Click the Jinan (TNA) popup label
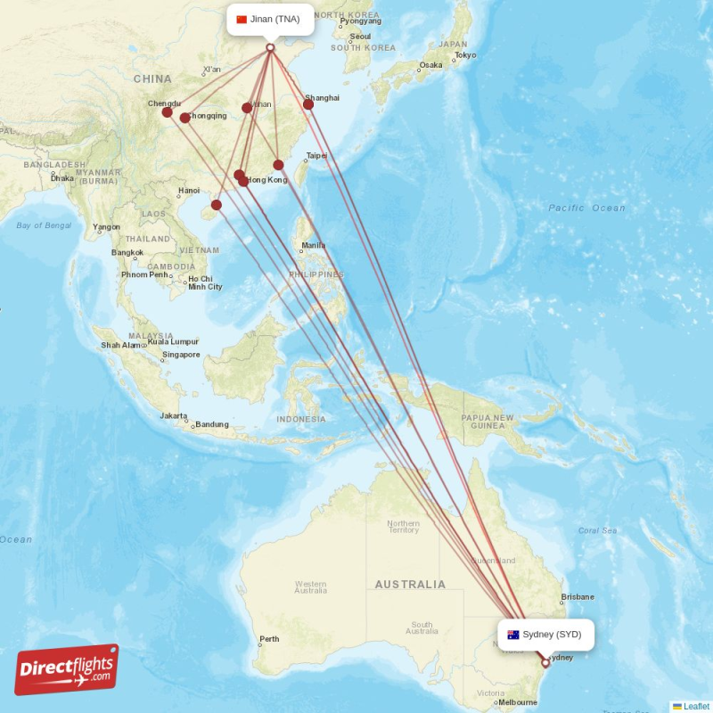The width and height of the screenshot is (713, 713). coord(270,19)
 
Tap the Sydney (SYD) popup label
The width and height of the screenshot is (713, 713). coord(545,635)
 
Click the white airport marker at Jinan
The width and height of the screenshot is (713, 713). coord(270,47)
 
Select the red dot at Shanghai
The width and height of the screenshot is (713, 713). coord(308,104)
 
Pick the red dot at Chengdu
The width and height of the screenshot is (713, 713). coord(167,112)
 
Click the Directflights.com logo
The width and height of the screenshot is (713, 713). coord(67,670)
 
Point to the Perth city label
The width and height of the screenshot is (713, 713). coord(269,639)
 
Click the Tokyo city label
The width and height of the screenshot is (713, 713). coord(465,55)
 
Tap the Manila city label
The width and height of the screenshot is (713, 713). coord(313,245)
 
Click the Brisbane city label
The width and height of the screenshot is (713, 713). coord(578,597)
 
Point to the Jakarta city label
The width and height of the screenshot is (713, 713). coord(173,416)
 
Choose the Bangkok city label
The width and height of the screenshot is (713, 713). coord(127,252)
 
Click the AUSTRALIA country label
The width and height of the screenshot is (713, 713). coord(410,585)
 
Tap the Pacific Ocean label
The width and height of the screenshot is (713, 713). coord(586,208)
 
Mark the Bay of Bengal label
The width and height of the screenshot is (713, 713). coord(44,225)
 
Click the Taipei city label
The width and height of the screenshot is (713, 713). coord(316,156)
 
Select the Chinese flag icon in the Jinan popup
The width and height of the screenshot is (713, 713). coord(242,19)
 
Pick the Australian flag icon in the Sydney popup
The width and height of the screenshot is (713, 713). coord(513,635)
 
